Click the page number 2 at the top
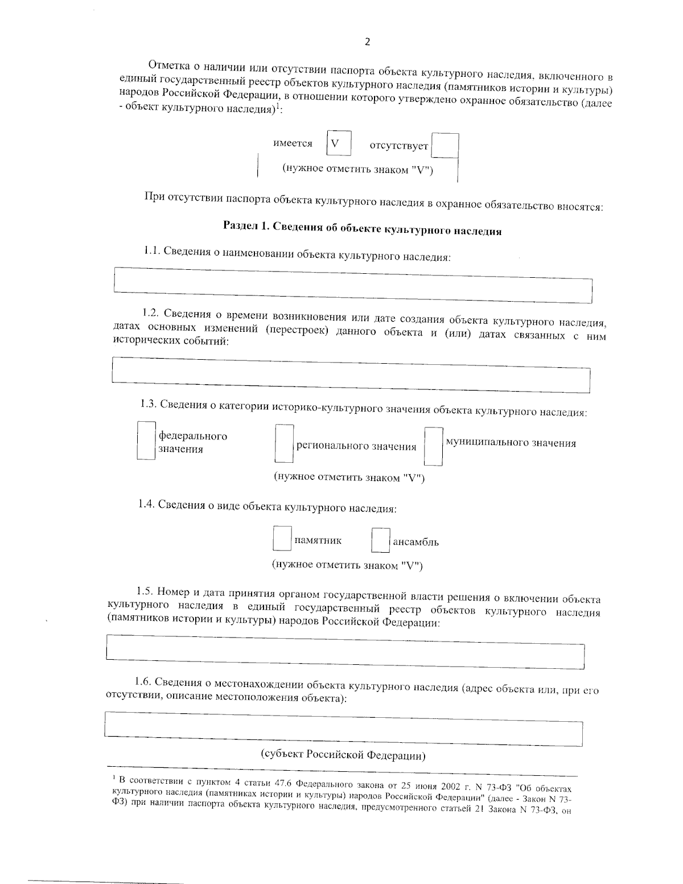click(x=367, y=42)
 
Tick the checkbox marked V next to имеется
click(x=339, y=143)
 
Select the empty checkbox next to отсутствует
click(x=445, y=146)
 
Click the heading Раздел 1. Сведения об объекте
click(x=362, y=228)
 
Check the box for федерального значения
click(x=146, y=440)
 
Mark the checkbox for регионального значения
click(x=284, y=443)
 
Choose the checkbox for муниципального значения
click(x=434, y=446)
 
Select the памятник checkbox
click(x=282, y=538)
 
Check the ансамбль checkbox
click(x=380, y=540)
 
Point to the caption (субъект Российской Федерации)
click(x=344, y=755)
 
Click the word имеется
click(x=293, y=143)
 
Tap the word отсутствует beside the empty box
click(x=398, y=146)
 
